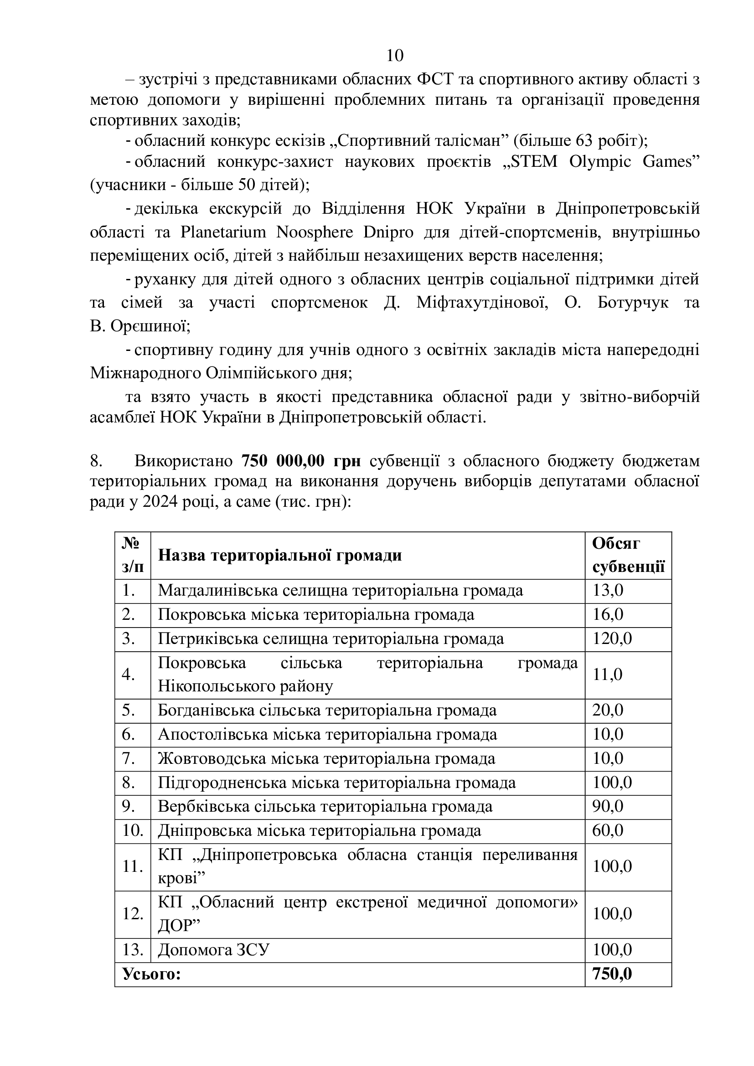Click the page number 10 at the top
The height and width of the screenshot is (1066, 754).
tap(395, 56)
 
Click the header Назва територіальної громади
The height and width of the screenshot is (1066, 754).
tap(279, 555)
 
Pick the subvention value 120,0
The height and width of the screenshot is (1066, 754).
tap(611, 639)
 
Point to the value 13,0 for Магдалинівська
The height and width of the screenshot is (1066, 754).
tap(607, 591)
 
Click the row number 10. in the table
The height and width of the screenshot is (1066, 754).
tap(133, 830)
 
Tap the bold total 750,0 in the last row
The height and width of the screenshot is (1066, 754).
tap(611, 973)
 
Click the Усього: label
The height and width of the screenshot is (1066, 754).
tap(151, 973)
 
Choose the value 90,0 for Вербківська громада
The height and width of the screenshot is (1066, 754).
tap(607, 806)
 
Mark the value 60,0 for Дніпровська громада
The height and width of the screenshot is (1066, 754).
tap(607, 830)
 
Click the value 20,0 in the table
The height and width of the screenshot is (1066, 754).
tap(607, 711)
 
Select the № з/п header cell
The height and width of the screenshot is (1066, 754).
tap(133, 555)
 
